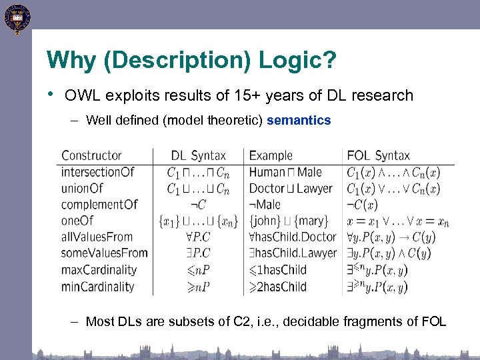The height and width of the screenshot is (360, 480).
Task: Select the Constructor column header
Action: [91, 155]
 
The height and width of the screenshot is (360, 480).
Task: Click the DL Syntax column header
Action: [198, 155]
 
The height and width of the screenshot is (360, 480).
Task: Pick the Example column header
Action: [271, 155]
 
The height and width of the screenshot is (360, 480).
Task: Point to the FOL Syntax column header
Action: [378, 155]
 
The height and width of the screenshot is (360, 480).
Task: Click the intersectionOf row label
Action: [97, 172]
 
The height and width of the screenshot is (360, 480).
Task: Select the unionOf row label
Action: [82, 188]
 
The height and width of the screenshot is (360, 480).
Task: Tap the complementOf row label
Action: [99, 205]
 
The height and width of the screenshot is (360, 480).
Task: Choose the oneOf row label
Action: [77, 221]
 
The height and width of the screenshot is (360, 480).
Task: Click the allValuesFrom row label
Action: [97, 237]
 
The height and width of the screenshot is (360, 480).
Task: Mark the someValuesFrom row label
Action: [104, 253]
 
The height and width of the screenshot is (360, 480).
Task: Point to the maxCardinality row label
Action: [99, 270]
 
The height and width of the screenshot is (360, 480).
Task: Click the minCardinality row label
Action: [97, 287]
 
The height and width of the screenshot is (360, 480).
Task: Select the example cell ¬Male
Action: [265, 205]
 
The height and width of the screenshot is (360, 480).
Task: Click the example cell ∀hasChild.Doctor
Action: [293, 237]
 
